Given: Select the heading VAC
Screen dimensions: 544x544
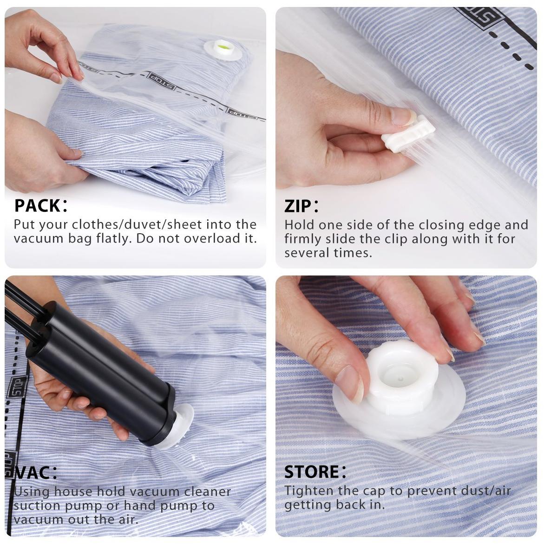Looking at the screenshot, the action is click(36, 472).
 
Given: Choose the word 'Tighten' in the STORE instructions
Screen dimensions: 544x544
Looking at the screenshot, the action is click(309, 491).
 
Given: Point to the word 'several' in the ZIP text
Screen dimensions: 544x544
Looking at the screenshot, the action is click(307, 253).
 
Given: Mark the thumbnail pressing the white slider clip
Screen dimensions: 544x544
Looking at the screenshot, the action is click(402, 117).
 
